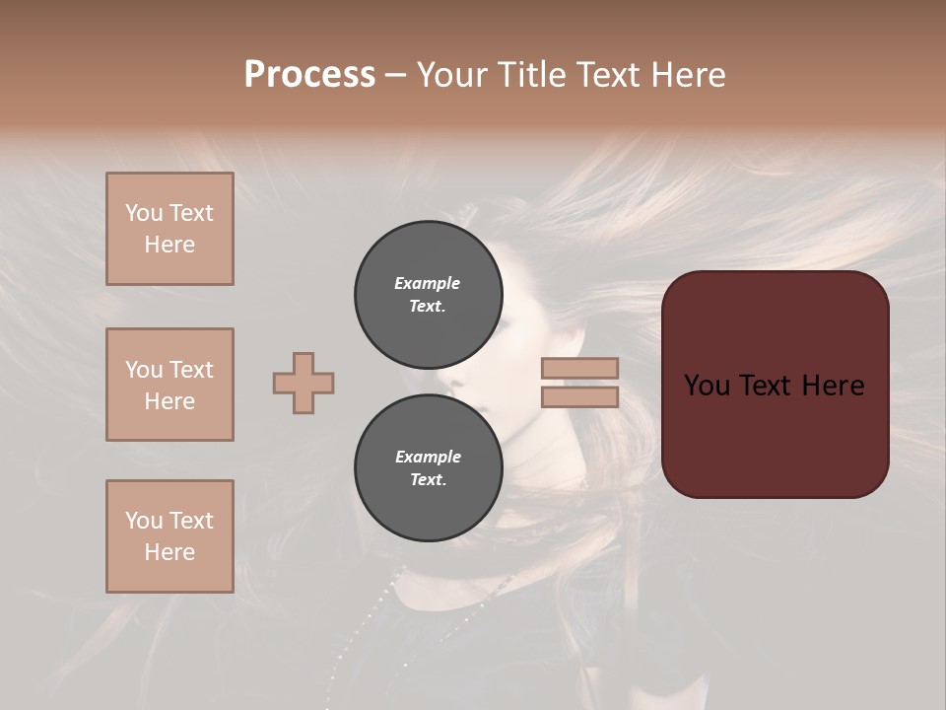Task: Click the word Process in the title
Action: pos(309,74)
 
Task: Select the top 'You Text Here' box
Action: pos(169,229)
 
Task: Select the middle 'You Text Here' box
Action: pos(169,385)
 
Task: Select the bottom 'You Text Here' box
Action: pos(169,536)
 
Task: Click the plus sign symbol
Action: pos(304,383)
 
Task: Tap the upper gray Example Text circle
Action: pos(428,295)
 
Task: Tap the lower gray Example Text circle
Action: pos(428,468)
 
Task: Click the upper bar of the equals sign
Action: pos(579,368)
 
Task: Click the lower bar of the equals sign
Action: pos(579,396)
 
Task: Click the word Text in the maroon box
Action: pos(775,386)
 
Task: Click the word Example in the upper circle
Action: pos(428,283)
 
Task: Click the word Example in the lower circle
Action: pos(428,457)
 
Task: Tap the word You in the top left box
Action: pos(144,213)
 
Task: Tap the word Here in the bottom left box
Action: pos(169,552)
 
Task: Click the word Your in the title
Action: pos(452,74)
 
